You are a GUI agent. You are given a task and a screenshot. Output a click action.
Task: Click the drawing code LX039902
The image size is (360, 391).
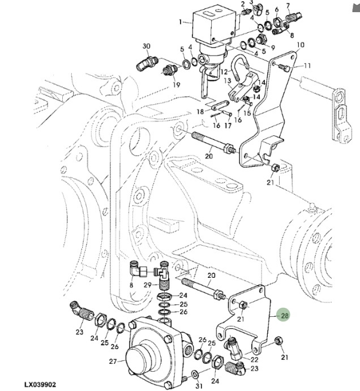(40, 385)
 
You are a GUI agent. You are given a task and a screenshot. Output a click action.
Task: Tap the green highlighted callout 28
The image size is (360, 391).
(285, 316)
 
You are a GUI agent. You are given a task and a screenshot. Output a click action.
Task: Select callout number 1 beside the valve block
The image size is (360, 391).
(181, 23)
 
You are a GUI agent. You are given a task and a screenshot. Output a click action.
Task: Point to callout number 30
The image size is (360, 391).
(146, 46)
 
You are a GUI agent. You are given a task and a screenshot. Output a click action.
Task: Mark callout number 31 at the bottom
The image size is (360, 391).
(198, 386)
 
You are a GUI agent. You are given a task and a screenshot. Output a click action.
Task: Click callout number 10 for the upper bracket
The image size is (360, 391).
(300, 45)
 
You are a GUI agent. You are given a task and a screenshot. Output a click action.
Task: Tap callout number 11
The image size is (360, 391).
(307, 66)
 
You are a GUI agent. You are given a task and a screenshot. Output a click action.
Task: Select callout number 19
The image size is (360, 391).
(176, 85)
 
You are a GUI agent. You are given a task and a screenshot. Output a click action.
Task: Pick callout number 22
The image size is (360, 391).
(255, 359)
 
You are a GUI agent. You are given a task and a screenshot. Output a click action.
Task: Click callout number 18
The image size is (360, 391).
(200, 112)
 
